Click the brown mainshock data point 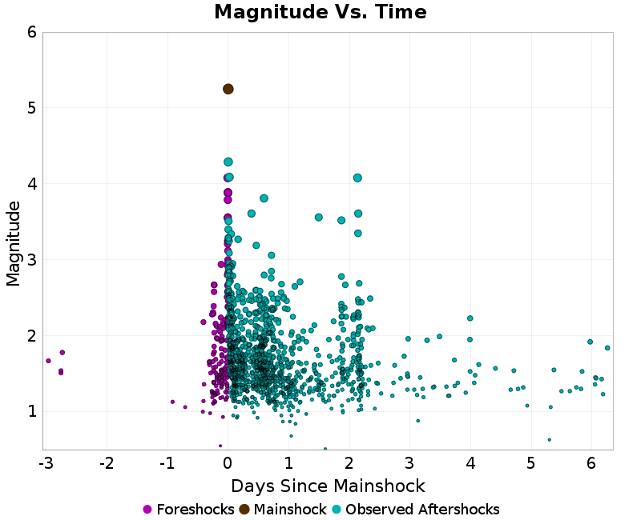(x=228, y=89)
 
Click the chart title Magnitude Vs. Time (x=320, y=13)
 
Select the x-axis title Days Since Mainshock (x=328, y=486)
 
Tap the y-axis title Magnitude (x=14, y=243)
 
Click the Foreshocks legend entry (x=188, y=510)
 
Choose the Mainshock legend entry (x=283, y=510)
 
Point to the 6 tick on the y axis (x=31, y=32)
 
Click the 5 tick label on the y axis (x=31, y=107)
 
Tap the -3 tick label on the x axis (x=46, y=464)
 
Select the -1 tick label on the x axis (x=167, y=464)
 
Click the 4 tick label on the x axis (x=470, y=464)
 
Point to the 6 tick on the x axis (x=591, y=464)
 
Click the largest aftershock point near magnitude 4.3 (x=228, y=162)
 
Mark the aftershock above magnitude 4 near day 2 (x=357, y=178)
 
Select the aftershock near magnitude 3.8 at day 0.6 (x=264, y=198)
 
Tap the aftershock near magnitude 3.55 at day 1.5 (x=319, y=217)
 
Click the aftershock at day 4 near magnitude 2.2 (x=470, y=318)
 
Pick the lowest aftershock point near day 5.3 (x=549, y=439)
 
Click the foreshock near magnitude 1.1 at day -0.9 (x=172, y=402)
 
